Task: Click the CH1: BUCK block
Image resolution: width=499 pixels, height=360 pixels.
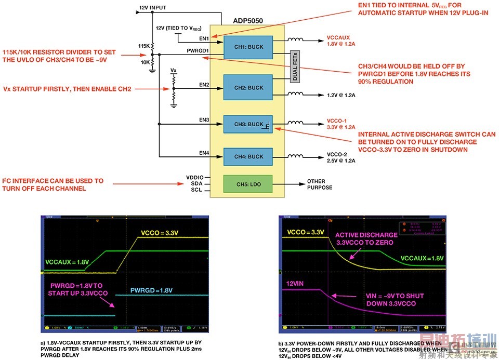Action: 248,47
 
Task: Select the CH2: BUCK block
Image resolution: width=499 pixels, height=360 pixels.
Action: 248,88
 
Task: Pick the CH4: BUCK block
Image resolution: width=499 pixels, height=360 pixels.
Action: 248,156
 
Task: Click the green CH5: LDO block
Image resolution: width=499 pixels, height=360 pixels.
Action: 248,183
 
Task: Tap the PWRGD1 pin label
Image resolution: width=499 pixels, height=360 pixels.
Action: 198,50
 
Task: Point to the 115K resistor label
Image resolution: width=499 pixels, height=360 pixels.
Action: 143,46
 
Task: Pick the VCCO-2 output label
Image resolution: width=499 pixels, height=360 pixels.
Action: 337,154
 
